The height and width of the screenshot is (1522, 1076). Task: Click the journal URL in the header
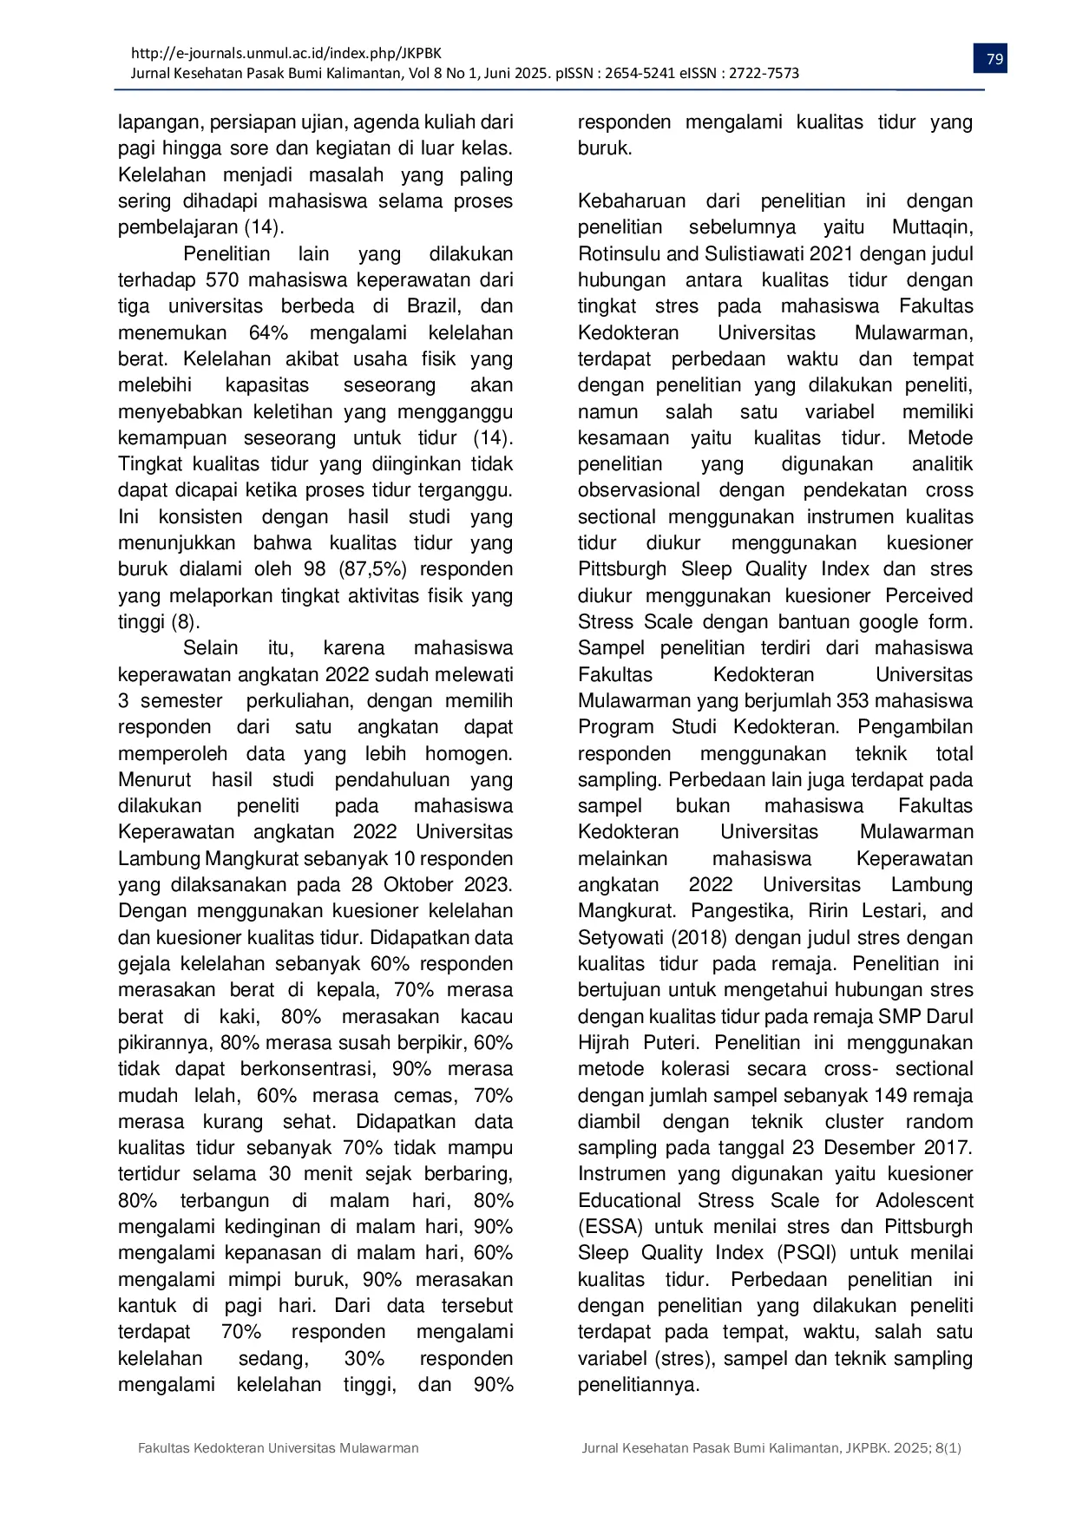click(285, 54)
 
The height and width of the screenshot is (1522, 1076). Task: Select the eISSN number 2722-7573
click(764, 74)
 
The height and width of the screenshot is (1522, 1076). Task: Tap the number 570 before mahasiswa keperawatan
click(223, 280)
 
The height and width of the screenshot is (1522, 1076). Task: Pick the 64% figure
click(268, 333)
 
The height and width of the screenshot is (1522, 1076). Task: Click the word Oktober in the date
click(419, 885)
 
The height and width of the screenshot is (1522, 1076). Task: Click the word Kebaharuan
click(632, 201)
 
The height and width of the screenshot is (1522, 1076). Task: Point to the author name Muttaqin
click(932, 227)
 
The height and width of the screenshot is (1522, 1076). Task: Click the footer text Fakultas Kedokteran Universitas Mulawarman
click(279, 1448)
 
